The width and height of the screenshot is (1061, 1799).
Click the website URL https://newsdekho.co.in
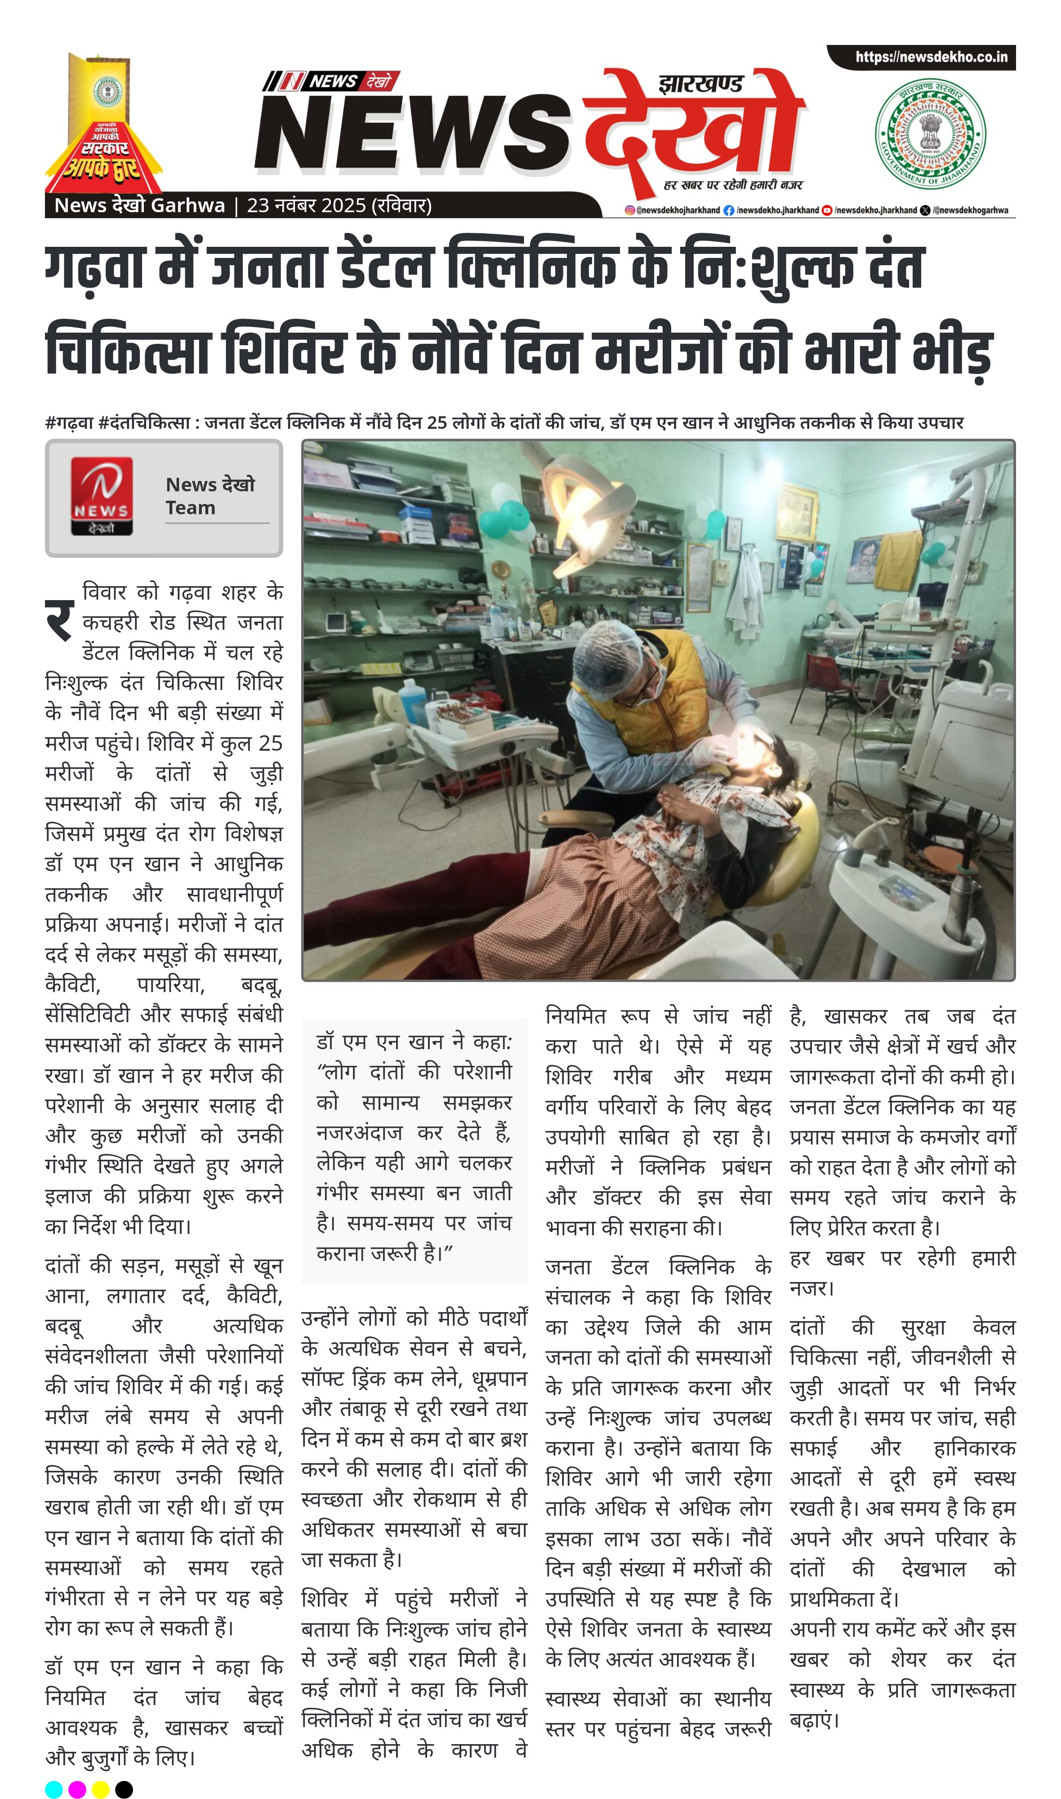tap(931, 57)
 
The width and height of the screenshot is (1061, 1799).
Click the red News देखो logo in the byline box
tap(102, 496)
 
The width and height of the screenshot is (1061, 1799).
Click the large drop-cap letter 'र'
tap(60, 620)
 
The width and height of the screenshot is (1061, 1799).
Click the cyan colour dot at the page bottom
tap(53, 1789)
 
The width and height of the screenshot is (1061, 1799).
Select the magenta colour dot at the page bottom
tap(77, 1789)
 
